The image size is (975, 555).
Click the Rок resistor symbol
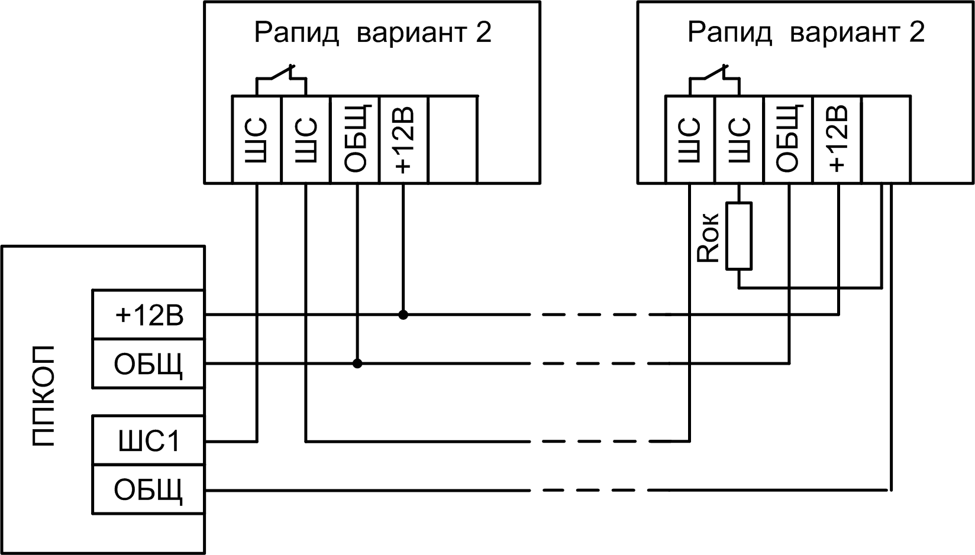pos(739,236)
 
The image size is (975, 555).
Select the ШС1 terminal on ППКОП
pos(148,441)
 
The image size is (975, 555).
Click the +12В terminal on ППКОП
pos(148,315)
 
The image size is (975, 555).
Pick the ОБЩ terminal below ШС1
pos(148,489)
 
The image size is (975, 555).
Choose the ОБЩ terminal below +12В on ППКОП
pos(148,364)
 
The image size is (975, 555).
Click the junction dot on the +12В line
pos(403,314)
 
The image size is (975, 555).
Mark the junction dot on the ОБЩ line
pos(357,363)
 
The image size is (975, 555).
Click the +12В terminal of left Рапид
pos(403,139)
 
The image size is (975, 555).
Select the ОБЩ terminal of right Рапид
pos(789,139)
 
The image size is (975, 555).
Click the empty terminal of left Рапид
pos(453,139)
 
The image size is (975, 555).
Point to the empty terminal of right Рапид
pos(886,139)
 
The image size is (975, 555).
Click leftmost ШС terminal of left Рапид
pos(257,139)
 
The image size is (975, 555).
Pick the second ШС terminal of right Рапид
pos(739,139)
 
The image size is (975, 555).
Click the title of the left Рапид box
pos(373,33)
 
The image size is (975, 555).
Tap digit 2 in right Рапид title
pos(916,33)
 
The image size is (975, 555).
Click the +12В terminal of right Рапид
pos(838,139)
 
